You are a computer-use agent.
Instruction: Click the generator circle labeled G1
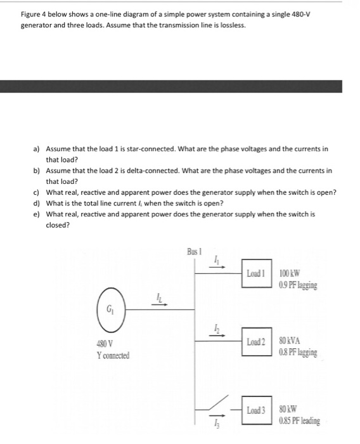[110, 309]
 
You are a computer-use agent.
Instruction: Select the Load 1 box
[256, 274]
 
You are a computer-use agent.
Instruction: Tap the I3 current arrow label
[217, 424]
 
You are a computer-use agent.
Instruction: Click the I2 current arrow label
[217, 329]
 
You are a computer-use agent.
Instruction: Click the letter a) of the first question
[37, 148]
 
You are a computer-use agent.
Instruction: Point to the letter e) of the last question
[37, 214]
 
